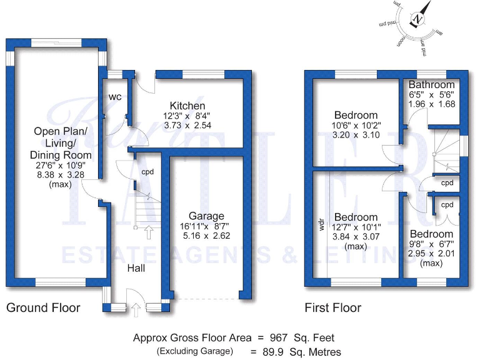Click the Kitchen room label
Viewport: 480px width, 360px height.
pos(188,106)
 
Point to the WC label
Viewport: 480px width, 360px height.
pos(115,97)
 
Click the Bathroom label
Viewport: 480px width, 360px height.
pos(432,84)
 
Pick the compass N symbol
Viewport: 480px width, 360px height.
pos(419,19)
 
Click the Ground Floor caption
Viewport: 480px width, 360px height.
pos(43,307)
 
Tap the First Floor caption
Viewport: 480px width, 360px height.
pos(332,307)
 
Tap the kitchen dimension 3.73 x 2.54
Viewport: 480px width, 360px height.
pos(188,126)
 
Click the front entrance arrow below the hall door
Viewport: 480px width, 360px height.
pos(136,307)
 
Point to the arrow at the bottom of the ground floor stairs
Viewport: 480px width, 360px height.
pos(148,233)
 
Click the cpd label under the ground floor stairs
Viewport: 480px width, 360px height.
pos(147,172)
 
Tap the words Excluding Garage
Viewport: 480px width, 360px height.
pos(194,351)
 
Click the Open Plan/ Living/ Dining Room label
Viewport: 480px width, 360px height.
pos(62,143)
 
